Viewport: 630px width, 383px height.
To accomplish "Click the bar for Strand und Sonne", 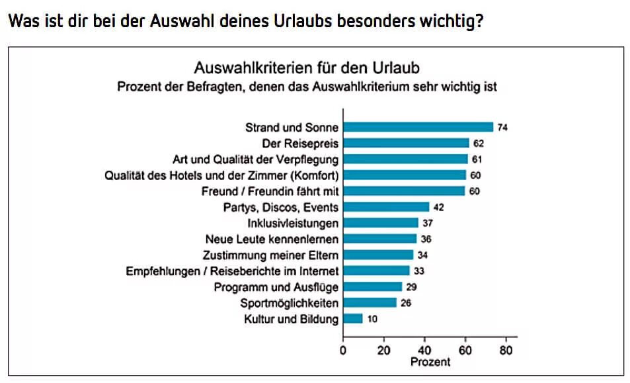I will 418,128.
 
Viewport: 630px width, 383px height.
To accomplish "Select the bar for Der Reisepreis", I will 406,144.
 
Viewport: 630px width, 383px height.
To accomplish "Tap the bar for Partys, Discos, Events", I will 385,208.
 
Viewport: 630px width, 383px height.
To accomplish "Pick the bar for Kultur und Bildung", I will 353,319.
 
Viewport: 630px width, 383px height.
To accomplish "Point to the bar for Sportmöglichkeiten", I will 370,303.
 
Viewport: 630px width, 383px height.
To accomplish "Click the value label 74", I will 502,128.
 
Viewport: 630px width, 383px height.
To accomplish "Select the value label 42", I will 438,208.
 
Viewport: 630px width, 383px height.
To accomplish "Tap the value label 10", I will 372,319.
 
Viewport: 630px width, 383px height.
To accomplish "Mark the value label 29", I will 411,287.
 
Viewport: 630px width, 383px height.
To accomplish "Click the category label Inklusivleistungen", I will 293,224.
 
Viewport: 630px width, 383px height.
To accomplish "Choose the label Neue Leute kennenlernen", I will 272,239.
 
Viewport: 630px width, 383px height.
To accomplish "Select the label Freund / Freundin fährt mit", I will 270,191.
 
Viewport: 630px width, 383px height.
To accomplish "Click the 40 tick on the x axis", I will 424,351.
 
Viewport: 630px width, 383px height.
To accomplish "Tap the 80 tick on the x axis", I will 506,351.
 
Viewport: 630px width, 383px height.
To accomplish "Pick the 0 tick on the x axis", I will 342,351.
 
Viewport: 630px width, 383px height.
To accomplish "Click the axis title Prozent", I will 430,362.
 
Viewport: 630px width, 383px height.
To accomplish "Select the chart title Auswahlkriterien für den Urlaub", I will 306,68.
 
